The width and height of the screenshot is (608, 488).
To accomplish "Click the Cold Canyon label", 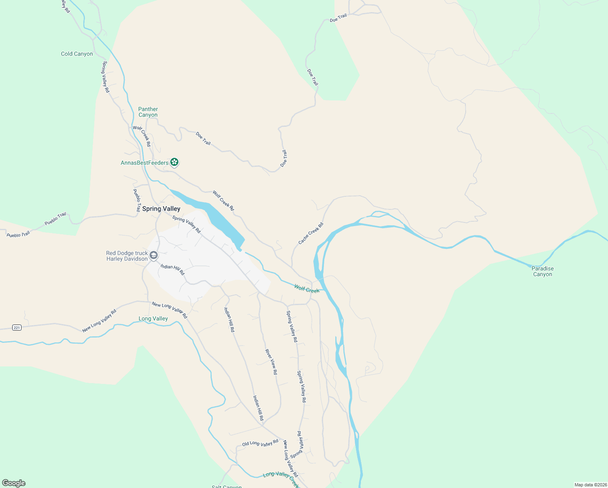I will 77,54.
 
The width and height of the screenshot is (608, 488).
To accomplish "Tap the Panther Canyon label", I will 148,112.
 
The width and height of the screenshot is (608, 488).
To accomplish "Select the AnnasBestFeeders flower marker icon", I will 174,162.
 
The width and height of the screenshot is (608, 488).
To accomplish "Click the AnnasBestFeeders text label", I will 145,163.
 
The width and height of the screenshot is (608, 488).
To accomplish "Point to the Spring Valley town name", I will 161,209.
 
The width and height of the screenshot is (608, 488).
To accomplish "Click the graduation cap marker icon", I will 154,255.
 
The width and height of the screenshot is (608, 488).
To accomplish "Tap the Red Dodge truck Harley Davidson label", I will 127,256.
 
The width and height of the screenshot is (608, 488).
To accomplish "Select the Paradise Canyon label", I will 543,271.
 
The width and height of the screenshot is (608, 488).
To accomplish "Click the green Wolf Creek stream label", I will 307,289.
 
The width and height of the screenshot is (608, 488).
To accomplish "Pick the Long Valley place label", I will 153,318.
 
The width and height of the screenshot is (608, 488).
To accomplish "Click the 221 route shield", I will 17,327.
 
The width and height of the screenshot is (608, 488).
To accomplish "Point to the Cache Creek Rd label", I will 311,233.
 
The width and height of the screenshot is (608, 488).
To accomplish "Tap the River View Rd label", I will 271,362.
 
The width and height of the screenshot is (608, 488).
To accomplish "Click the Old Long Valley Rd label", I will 260,443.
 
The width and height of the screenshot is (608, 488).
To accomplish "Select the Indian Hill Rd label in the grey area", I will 172,269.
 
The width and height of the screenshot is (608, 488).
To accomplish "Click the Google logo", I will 14,483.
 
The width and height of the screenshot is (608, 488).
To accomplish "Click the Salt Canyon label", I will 227,486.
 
